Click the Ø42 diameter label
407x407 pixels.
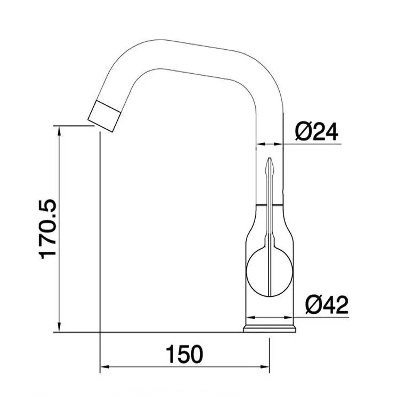click(327, 305)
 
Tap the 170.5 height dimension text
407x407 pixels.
click(48, 229)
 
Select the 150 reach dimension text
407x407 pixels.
click(184, 354)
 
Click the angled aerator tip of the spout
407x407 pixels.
click(104, 116)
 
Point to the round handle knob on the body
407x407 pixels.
click(269, 271)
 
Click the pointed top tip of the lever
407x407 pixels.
click(270, 158)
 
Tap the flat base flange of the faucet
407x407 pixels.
click(269, 328)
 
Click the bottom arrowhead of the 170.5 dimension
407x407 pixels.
click(59, 327)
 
